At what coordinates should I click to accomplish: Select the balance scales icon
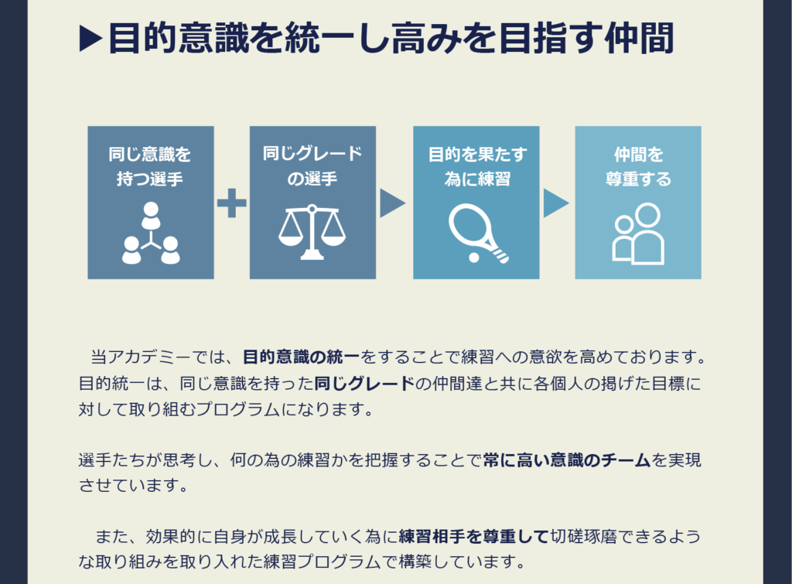point(312,232)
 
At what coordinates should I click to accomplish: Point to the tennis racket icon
point(473,231)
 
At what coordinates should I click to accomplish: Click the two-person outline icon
point(638,233)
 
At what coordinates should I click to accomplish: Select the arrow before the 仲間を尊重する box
point(555,203)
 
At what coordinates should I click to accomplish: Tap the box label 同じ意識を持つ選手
point(150,166)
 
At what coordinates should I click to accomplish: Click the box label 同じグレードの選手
point(312,166)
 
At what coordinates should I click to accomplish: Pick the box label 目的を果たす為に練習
point(476,166)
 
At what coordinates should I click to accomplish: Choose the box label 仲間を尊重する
point(638,166)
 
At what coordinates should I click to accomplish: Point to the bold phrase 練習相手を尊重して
point(474,536)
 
